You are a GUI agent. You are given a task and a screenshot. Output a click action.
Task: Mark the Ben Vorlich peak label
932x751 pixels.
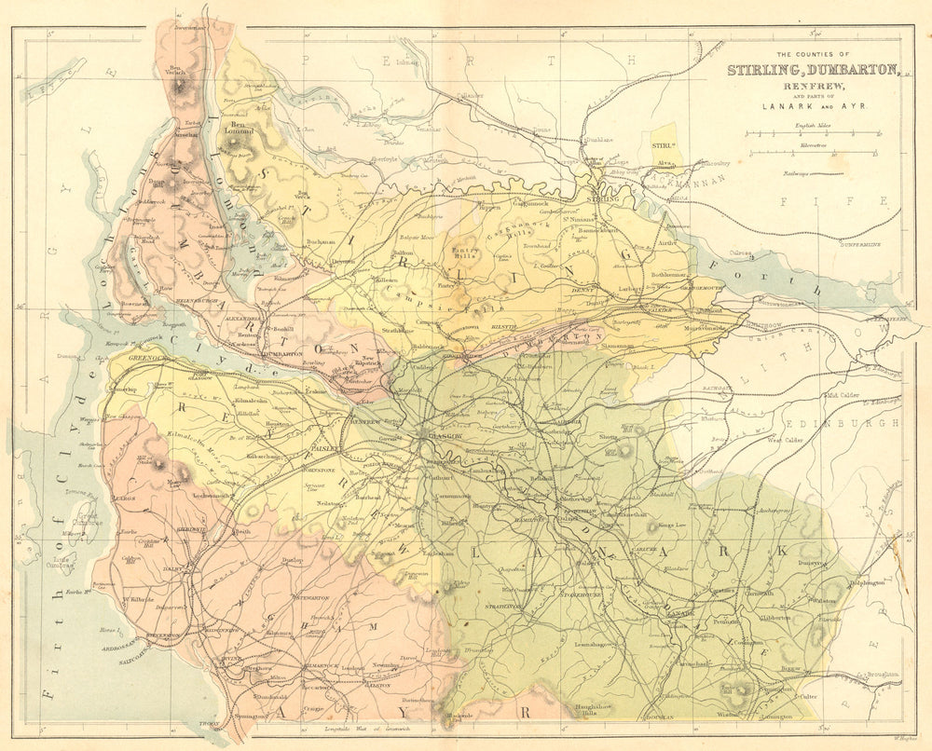[x=178, y=71]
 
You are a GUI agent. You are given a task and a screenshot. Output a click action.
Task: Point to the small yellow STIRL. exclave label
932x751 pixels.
[x=663, y=144]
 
